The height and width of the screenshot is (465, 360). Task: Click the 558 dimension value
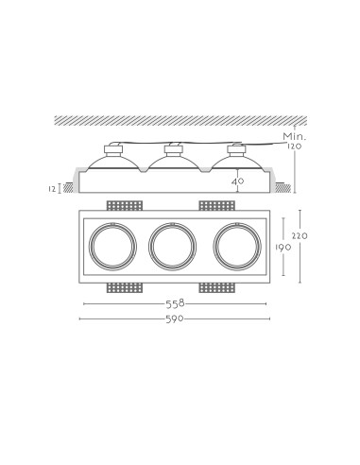pyautogui.click(x=175, y=303)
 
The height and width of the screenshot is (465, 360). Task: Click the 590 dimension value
pyautogui.click(x=175, y=319)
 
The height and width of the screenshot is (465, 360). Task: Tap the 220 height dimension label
pyautogui.click(x=300, y=235)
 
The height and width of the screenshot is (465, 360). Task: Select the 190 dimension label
pyautogui.click(x=283, y=248)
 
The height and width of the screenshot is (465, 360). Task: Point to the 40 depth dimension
pyautogui.click(x=237, y=181)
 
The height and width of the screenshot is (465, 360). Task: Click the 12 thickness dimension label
pyautogui.click(x=52, y=189)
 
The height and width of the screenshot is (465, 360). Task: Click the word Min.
pyautogui.click(x=295, y=137)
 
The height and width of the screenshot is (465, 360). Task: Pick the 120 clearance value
pyautogui.click(x=295, y=146)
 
